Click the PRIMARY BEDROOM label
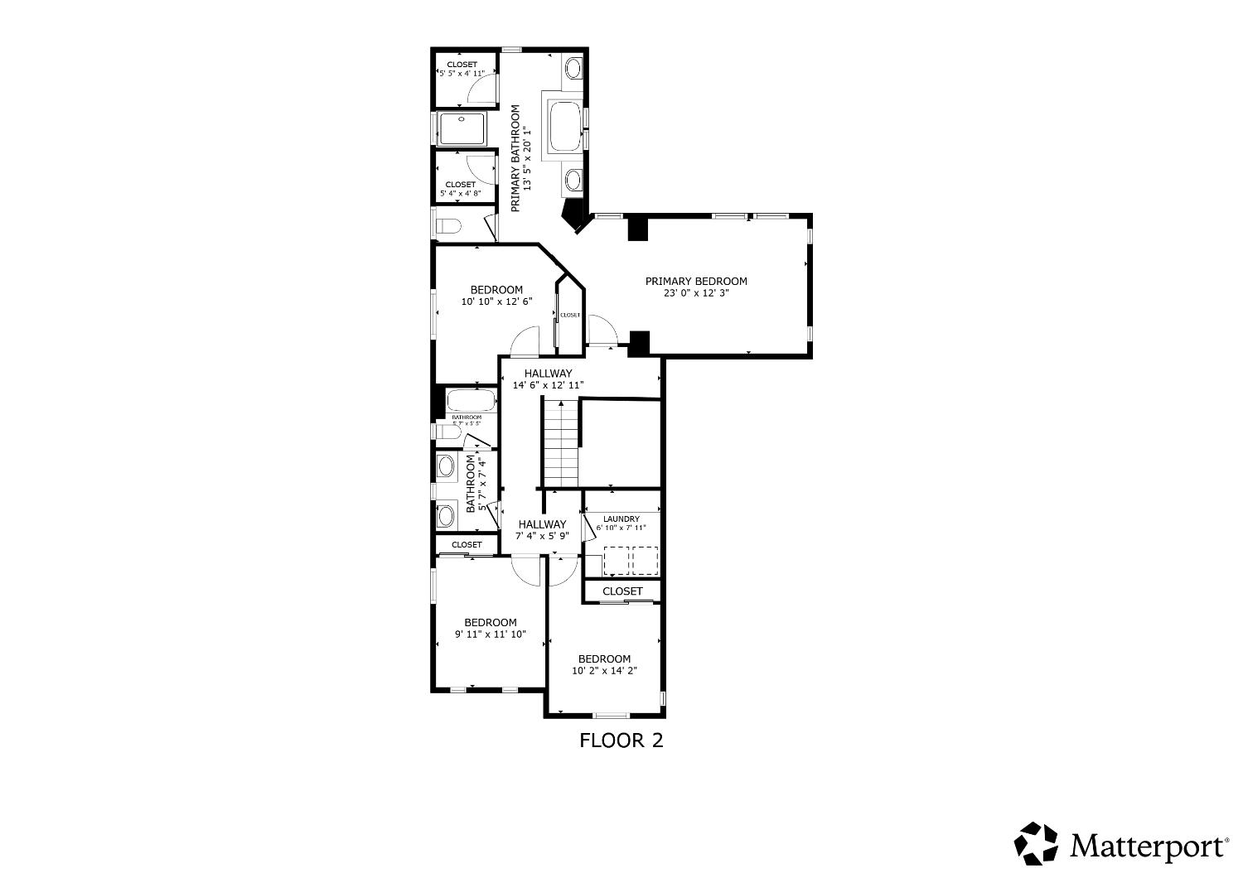click(x=696, y=282)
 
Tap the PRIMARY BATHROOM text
click(x=515, y=157)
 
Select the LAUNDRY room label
click(x=621, y=519)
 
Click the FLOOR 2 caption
click(x=621, y=741)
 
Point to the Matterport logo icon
click(x=1037, y=844)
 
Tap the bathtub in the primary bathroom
click(x=565, y=126)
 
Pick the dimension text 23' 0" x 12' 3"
click(x=696, y=293)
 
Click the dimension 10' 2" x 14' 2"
click(x=604, y=671)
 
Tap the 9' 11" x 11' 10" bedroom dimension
click(x=490, y=634)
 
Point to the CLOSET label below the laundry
click(x=622, y=591)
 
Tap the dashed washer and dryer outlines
click(x=631, y=561)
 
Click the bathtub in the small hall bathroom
click(x=472, y=402)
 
